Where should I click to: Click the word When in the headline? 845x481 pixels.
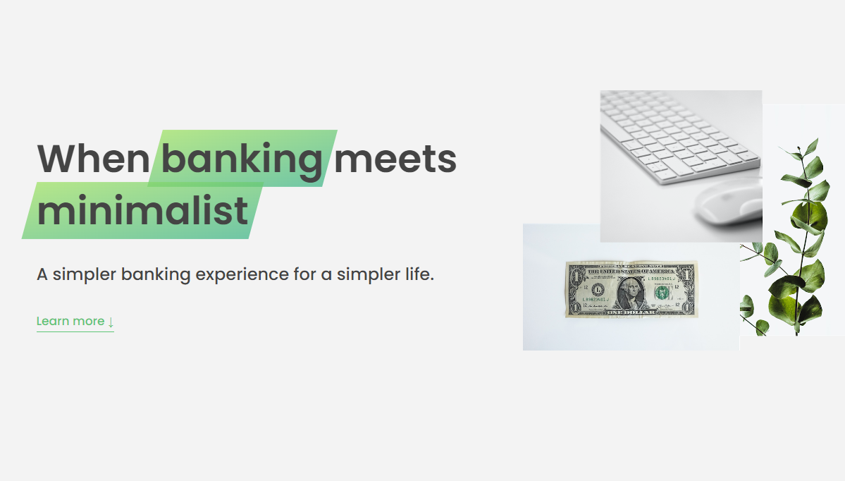tap(93, 159)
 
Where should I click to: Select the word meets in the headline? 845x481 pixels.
tap(395, 159)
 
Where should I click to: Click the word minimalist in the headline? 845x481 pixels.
tap(143, 210)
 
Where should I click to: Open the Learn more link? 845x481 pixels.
tap(75, 322)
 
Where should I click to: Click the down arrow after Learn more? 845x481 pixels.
tap(111, 322)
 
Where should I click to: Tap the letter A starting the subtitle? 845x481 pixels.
tap(42, 274)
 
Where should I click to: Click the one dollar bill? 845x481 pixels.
tap(631, 290)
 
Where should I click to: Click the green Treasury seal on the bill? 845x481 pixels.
tap(662, 293)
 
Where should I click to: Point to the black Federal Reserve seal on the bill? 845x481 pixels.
tap(598, 291)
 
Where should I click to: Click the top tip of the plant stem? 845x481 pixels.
tap(817, 138)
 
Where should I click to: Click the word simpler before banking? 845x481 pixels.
tap(84, 275)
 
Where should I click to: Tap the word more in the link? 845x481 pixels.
tap(89, 322)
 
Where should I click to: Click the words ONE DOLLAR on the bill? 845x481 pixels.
tap(631, 312)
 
